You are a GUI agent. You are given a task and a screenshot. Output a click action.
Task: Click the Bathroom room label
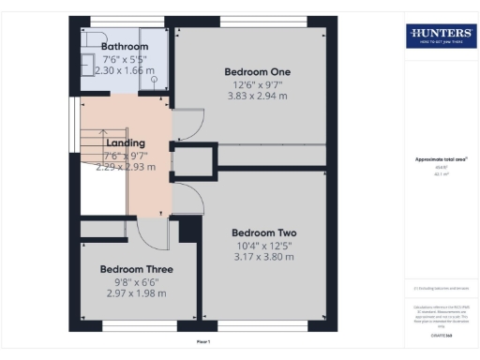click(x=124, y=46)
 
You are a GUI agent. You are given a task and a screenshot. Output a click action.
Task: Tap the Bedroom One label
click(x=257, y=71)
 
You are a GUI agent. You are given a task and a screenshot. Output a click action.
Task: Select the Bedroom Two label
click(x=263, y=232)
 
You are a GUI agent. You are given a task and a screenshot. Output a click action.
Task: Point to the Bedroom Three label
click(x=137, y=269)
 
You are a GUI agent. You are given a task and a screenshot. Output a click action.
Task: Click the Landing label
click(x=125, y=143)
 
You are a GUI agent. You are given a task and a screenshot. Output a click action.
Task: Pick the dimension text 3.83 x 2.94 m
click(x=257, y=97)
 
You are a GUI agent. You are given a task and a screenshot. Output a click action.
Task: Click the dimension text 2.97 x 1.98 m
click(x=137, y=294)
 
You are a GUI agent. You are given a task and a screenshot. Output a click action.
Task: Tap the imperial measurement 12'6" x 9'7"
click(x=257, y=85)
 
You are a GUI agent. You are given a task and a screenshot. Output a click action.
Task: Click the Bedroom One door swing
click(x=187, y=121)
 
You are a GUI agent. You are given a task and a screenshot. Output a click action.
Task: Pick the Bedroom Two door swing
click(x=186, y=196)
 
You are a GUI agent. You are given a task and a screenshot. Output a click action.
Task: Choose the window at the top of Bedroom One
click(x=257, y=20)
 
